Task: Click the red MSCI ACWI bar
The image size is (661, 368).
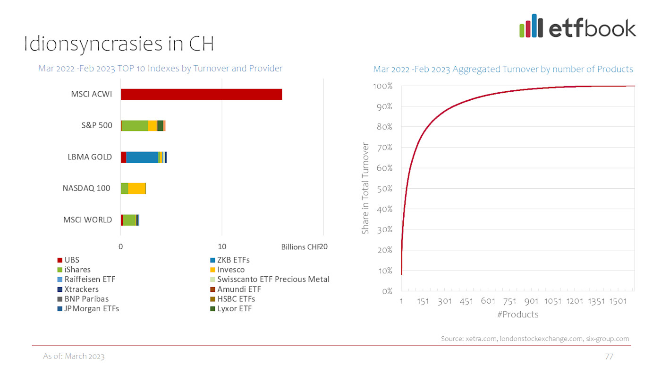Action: pyautogui.click(x=201, y=94)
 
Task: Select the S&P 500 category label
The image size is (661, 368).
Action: pyautogui.click(x=96, y=125)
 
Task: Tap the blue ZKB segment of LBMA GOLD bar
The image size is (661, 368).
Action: pyautogui.click(x=142, y=157)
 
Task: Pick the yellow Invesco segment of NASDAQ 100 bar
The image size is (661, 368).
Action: pyautogui.click(x=136, y=188)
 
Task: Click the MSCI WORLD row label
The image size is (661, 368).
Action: pyautogui.click(x=87, y=219)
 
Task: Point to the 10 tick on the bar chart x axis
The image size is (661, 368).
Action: pyautogui.click(x=222, y=246)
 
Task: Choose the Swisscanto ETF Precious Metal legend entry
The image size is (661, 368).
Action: pyautogui.click(x=273, y=279)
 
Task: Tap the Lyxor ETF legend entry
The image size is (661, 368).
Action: pyautogui.click(x=234, y=308)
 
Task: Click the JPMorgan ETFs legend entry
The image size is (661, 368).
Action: pyautogui.click(x=92, y=308)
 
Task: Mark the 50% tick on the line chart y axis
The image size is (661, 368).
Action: pyautogui.click(x=385, y=188)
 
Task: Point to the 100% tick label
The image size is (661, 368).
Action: pyautogui.click(x=383, y=86)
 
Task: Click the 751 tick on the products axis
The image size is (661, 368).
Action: pyautogui.click(x=509, y=301)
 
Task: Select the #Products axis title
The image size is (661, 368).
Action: pyautogui.click(x=517, y=314)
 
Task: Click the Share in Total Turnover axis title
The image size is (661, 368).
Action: pyautogui.click(x=365, y=188)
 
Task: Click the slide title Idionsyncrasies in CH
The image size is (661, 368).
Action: pyautogui.click(x=119, y=44)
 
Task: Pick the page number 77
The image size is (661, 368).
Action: pyautogui.click(x=609, y=356)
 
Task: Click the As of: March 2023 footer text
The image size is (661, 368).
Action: pyautogui.click(x=74, y=356)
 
